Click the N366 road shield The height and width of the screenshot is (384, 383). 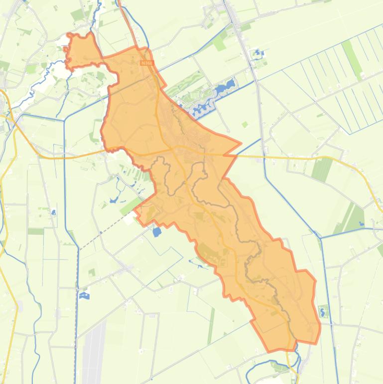pos(146,63)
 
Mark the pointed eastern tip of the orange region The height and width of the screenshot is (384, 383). pos(241,143)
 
